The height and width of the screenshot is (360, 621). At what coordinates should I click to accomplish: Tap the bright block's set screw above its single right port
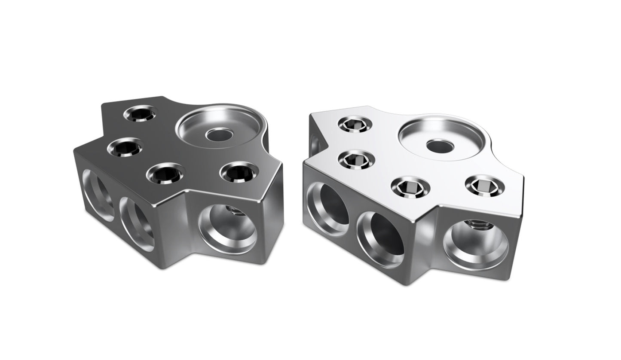(x=485, y=185)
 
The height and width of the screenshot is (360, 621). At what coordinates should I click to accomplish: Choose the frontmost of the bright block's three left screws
(x=408, y=187)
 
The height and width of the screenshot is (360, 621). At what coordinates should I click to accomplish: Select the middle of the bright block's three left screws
(x=356, y=160)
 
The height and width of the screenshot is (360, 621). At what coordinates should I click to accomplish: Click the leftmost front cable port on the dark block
(x=98, y=195)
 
